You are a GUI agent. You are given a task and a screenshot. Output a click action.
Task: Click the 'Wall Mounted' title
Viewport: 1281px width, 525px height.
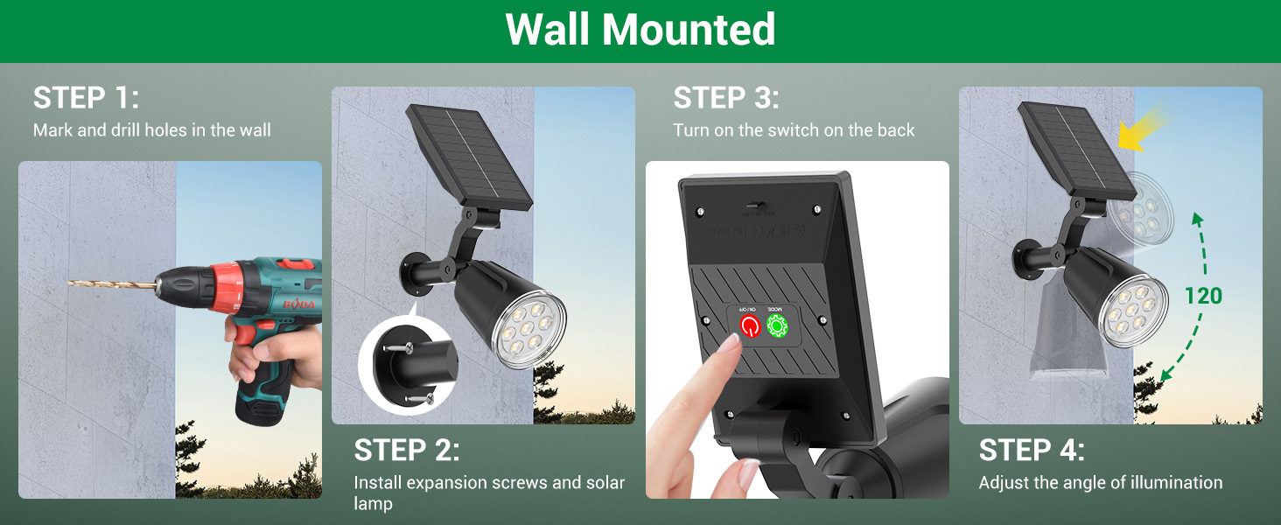tap(640, 30)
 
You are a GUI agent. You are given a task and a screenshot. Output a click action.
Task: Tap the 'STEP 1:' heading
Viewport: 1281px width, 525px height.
tap(86, 98)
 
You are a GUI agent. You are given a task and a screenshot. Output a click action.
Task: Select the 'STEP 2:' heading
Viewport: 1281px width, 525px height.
tap(406, 451)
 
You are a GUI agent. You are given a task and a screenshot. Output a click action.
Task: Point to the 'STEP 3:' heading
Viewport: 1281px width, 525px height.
tap(725, 98)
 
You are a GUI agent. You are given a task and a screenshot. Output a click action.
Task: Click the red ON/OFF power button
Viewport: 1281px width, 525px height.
tap(750, 326)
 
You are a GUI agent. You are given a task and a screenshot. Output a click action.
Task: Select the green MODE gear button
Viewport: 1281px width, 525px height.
tap(777, 325)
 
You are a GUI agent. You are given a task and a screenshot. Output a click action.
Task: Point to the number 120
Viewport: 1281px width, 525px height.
tap(1203, 296)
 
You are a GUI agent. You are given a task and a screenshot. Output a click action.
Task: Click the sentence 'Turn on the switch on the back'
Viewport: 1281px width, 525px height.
tap(794, 130)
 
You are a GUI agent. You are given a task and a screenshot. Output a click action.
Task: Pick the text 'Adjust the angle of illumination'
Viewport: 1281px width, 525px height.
tap(1100, 483)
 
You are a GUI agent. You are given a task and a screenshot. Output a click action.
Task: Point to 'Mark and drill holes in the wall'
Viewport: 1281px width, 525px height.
tap(152, 130)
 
